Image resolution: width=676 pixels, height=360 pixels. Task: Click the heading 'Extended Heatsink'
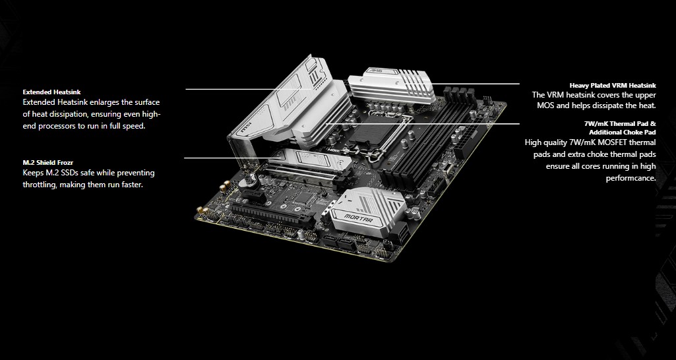[51, 92]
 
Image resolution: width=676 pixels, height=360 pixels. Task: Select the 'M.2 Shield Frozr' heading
[48, 163]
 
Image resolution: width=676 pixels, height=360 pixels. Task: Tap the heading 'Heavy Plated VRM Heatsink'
[613, 85]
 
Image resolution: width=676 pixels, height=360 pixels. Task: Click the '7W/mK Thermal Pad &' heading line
[620, 124]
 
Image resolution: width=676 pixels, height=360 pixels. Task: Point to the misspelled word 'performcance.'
[630, 178]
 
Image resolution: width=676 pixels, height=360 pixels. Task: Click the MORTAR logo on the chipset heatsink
[358, 218]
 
